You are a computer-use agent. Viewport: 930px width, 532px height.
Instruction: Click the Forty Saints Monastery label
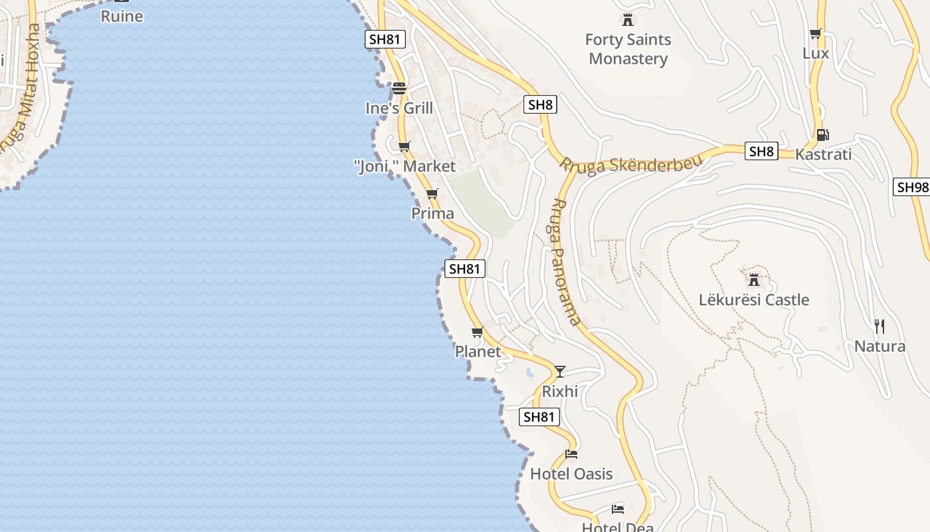click(x=628, y=49)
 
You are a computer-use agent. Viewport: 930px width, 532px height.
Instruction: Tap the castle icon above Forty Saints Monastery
click(x=628, y=19)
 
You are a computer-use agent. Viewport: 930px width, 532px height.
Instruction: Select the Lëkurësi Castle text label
click(x=754, y=300)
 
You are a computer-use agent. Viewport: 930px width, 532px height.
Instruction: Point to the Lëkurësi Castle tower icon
click(x=754, y=279)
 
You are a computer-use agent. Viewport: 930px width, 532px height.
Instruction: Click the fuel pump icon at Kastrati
click(x=822, y=135)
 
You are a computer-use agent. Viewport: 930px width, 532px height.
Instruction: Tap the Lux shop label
click(x=816, y=53)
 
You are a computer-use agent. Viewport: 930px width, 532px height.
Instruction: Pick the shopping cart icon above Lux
click(x=816, y=33)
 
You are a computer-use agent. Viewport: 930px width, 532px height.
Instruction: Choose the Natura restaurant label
click(x=880, y=346)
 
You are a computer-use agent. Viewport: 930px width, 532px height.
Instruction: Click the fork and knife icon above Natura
click(x=880, y=326)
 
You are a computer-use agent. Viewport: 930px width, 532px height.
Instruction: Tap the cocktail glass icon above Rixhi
click(x=560, y=371)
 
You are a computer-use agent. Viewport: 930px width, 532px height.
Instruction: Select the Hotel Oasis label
click(x=571, y=474)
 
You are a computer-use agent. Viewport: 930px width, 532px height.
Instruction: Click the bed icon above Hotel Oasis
click(x=571, y=454)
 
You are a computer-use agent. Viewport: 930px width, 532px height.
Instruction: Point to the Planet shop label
click(x=478, y=352)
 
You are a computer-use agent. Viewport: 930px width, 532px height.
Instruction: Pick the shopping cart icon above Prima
click(x=432, y=194)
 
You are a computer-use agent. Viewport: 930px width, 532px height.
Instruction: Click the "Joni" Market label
click(x=405, y=166)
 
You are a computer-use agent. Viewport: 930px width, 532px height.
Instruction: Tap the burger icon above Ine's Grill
click(x=399, y=88)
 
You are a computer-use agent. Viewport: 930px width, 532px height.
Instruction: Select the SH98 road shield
click(x=912, y=188)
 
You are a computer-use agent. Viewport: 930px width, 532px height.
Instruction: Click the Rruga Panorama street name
click(x=565, y=261)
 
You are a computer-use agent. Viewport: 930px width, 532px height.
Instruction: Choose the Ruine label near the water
click(x=122, y=16)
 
